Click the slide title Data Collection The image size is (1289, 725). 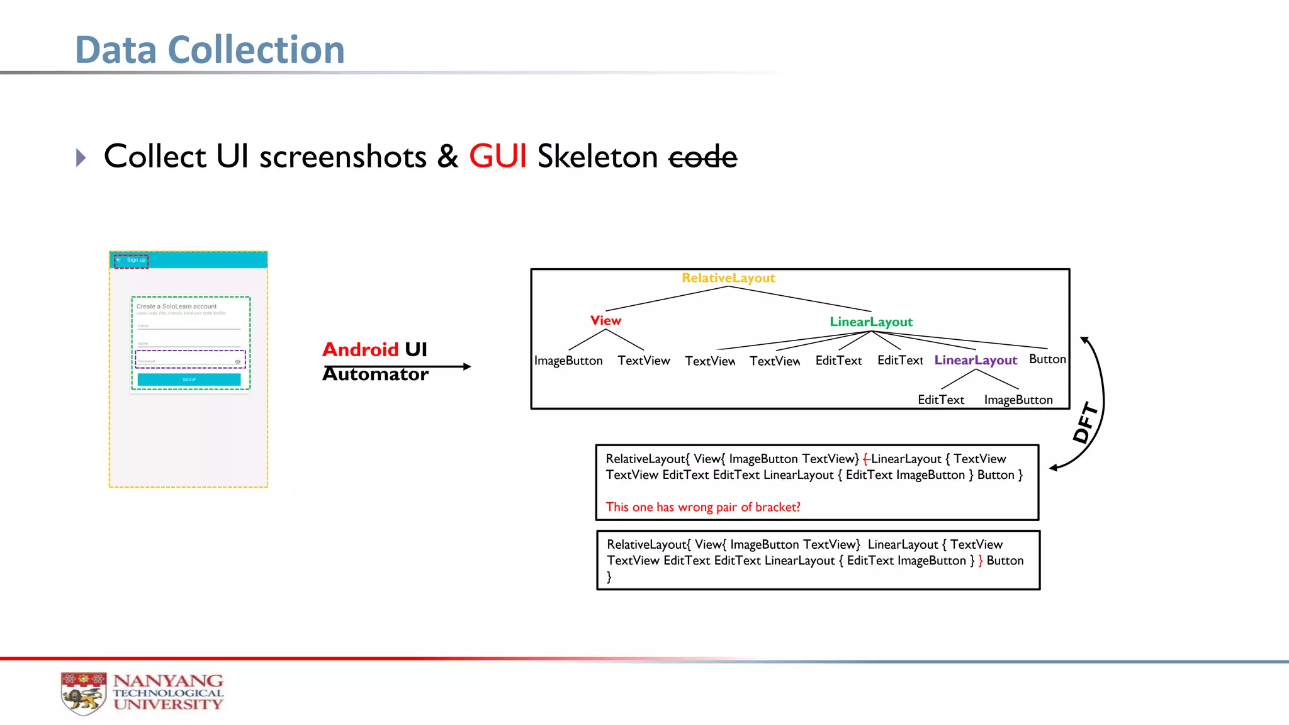click(x=210, y=50)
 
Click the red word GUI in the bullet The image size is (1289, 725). click(x=497, y=156)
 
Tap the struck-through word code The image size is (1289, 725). click(x=702, y=157)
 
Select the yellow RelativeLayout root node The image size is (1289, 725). click(x=728, y=278)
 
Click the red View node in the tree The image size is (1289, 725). click(x=605, y=320)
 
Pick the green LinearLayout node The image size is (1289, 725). click(x=870, y=322)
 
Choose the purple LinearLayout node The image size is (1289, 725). click(x=976, y=360)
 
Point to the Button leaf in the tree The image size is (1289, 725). click(x=1047, y=359)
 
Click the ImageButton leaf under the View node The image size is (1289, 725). click(x=568, y=361)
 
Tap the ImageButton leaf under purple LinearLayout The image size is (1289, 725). click(x=1018, y=400)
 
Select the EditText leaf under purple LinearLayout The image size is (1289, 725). click(x=940, y=400)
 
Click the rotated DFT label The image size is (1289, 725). click(x=1086, y=422)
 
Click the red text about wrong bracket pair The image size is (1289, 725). click(x=702, y=507)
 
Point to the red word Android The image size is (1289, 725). click(x=361, y=349)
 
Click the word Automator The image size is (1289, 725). click(x=376, y=374)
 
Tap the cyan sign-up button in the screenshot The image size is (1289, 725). click(x=189, y=379)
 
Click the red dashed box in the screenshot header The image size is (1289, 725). click(x=131, y=261)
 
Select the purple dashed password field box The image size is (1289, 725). click(x=190, y=359)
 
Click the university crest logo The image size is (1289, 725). click(x=83, y=693)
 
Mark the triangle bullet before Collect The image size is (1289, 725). click(x=81, y=157)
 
